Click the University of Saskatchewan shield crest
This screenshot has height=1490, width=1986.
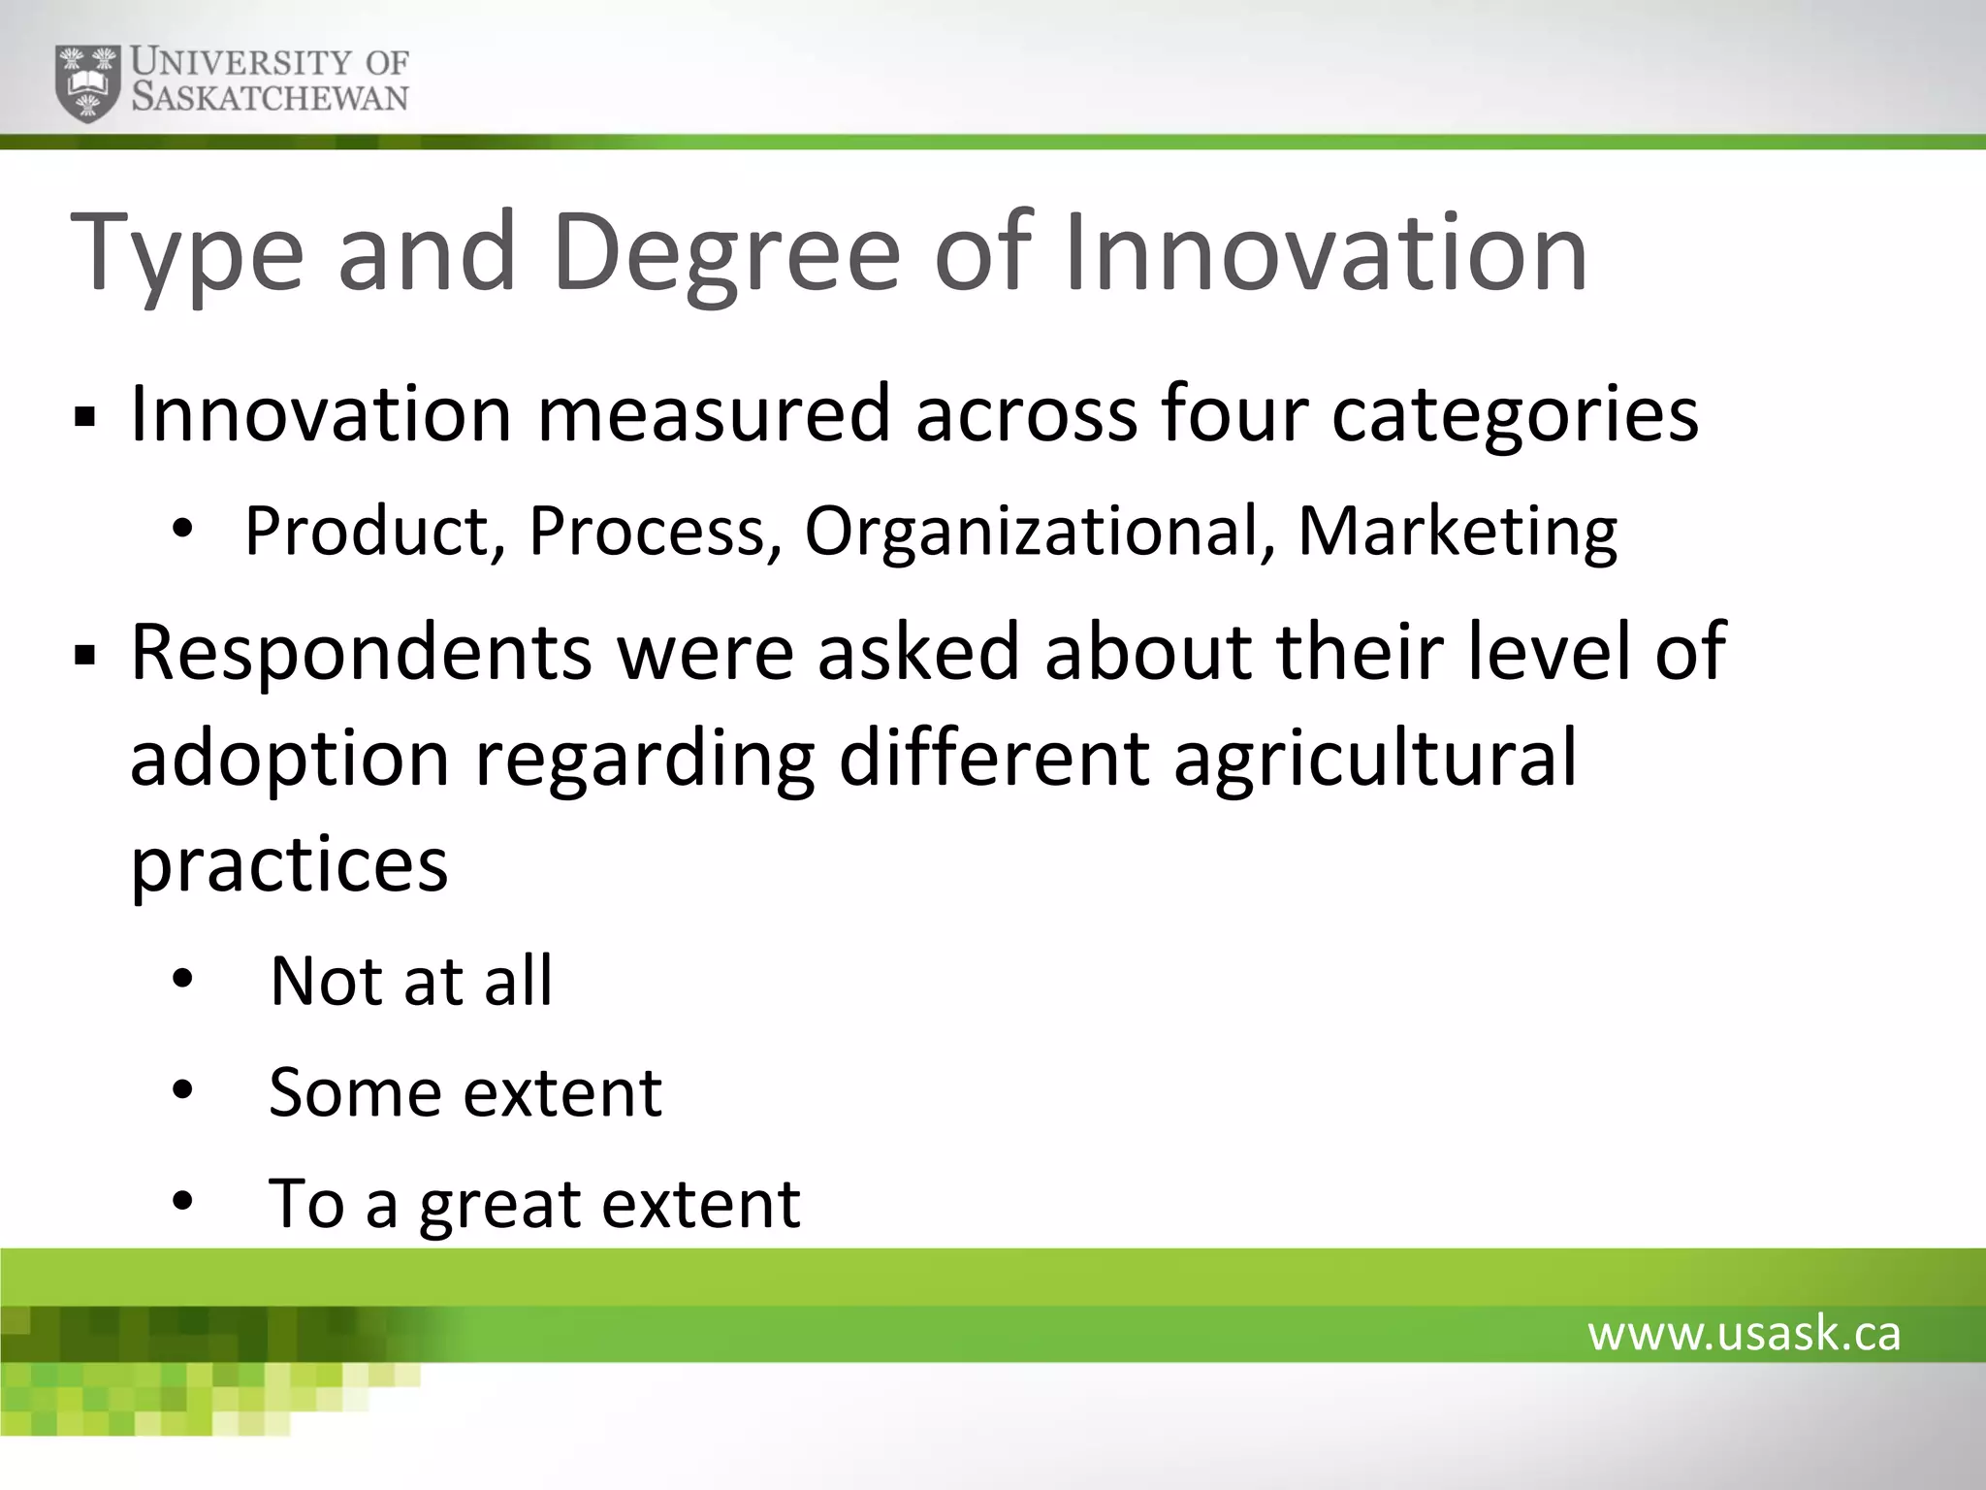[88, 82]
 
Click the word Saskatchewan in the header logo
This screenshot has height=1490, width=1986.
[270, 98]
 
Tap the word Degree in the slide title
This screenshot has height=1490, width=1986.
[727, 254]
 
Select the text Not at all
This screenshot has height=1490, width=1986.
[410, 981]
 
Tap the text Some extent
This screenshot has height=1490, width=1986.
[465, 1093]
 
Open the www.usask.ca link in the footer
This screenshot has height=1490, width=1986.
[1744, 1334]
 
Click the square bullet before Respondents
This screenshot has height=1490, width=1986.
[85, 657]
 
